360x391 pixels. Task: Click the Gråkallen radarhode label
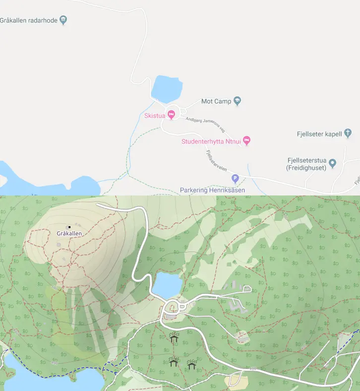(29, 20)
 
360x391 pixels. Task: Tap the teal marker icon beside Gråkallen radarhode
(63, 20)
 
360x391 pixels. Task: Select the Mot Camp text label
(216, 102)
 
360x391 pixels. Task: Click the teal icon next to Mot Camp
(237, 101)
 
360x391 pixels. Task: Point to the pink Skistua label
(154, 116)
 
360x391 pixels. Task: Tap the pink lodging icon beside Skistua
(172, 115)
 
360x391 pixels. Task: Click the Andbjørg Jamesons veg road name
(205, 125)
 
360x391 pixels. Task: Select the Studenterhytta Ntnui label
(211, 141)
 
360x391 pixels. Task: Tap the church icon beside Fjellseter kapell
(348, 133)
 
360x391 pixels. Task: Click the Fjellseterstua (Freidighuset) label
(306, 164)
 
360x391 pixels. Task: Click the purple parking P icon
(236, 179)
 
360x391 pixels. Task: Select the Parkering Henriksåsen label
(212, 190)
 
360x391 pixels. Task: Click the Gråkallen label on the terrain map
(69, 233)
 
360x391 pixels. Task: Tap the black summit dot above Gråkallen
(69, 227)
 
